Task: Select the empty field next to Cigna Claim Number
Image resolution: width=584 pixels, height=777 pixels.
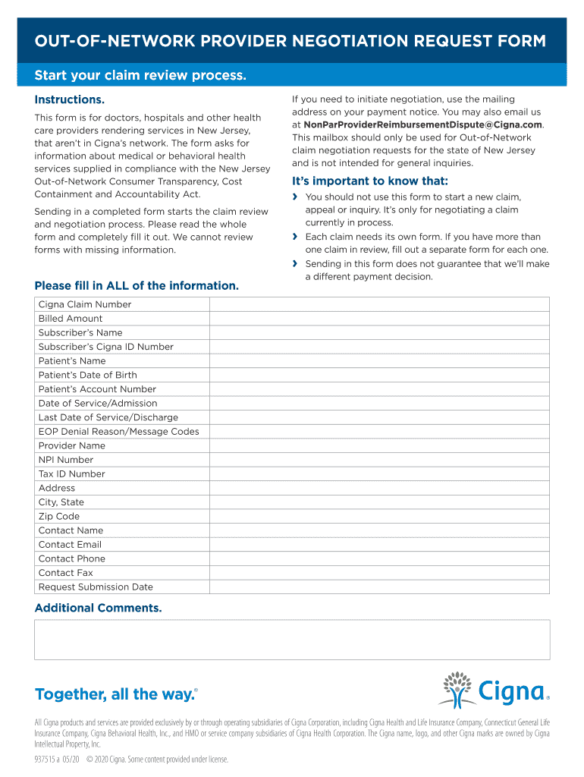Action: [x=379, y=304]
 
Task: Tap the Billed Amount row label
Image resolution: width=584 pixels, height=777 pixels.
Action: [x=71, y=319]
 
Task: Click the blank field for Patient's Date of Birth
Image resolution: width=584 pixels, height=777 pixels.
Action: [x=379, y=375]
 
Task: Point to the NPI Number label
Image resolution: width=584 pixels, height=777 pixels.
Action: [x=66, y=460]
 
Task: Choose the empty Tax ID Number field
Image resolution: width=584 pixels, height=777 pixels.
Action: [x=379, y=473]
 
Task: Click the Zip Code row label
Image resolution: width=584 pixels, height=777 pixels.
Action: [x=59, y=516]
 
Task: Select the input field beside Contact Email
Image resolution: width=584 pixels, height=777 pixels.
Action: [x=379, y=544]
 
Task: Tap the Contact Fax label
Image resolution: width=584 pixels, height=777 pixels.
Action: [x=66, y=573]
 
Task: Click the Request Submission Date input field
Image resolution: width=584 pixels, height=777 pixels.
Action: [x=379, y=587]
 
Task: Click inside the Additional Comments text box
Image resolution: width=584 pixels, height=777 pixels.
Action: [x=292, y=640]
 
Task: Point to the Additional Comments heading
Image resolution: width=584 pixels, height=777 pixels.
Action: [x=98, y=608]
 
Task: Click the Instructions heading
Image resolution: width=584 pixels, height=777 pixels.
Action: [x=70, y=100]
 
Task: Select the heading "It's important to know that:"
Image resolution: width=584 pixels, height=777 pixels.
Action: [x=370, y=181]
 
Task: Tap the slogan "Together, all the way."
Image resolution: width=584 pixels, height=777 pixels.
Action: [x=116, y=694]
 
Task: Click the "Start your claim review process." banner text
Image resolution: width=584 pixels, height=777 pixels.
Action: [x=140, y=76]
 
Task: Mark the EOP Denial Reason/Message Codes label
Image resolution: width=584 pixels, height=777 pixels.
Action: [x=119, y=431]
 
